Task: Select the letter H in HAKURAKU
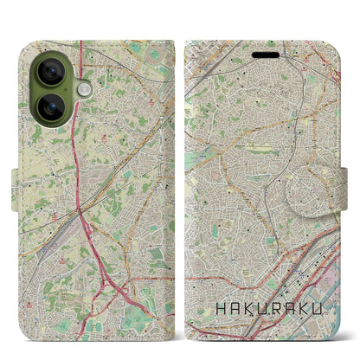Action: (x=220, y=306)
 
